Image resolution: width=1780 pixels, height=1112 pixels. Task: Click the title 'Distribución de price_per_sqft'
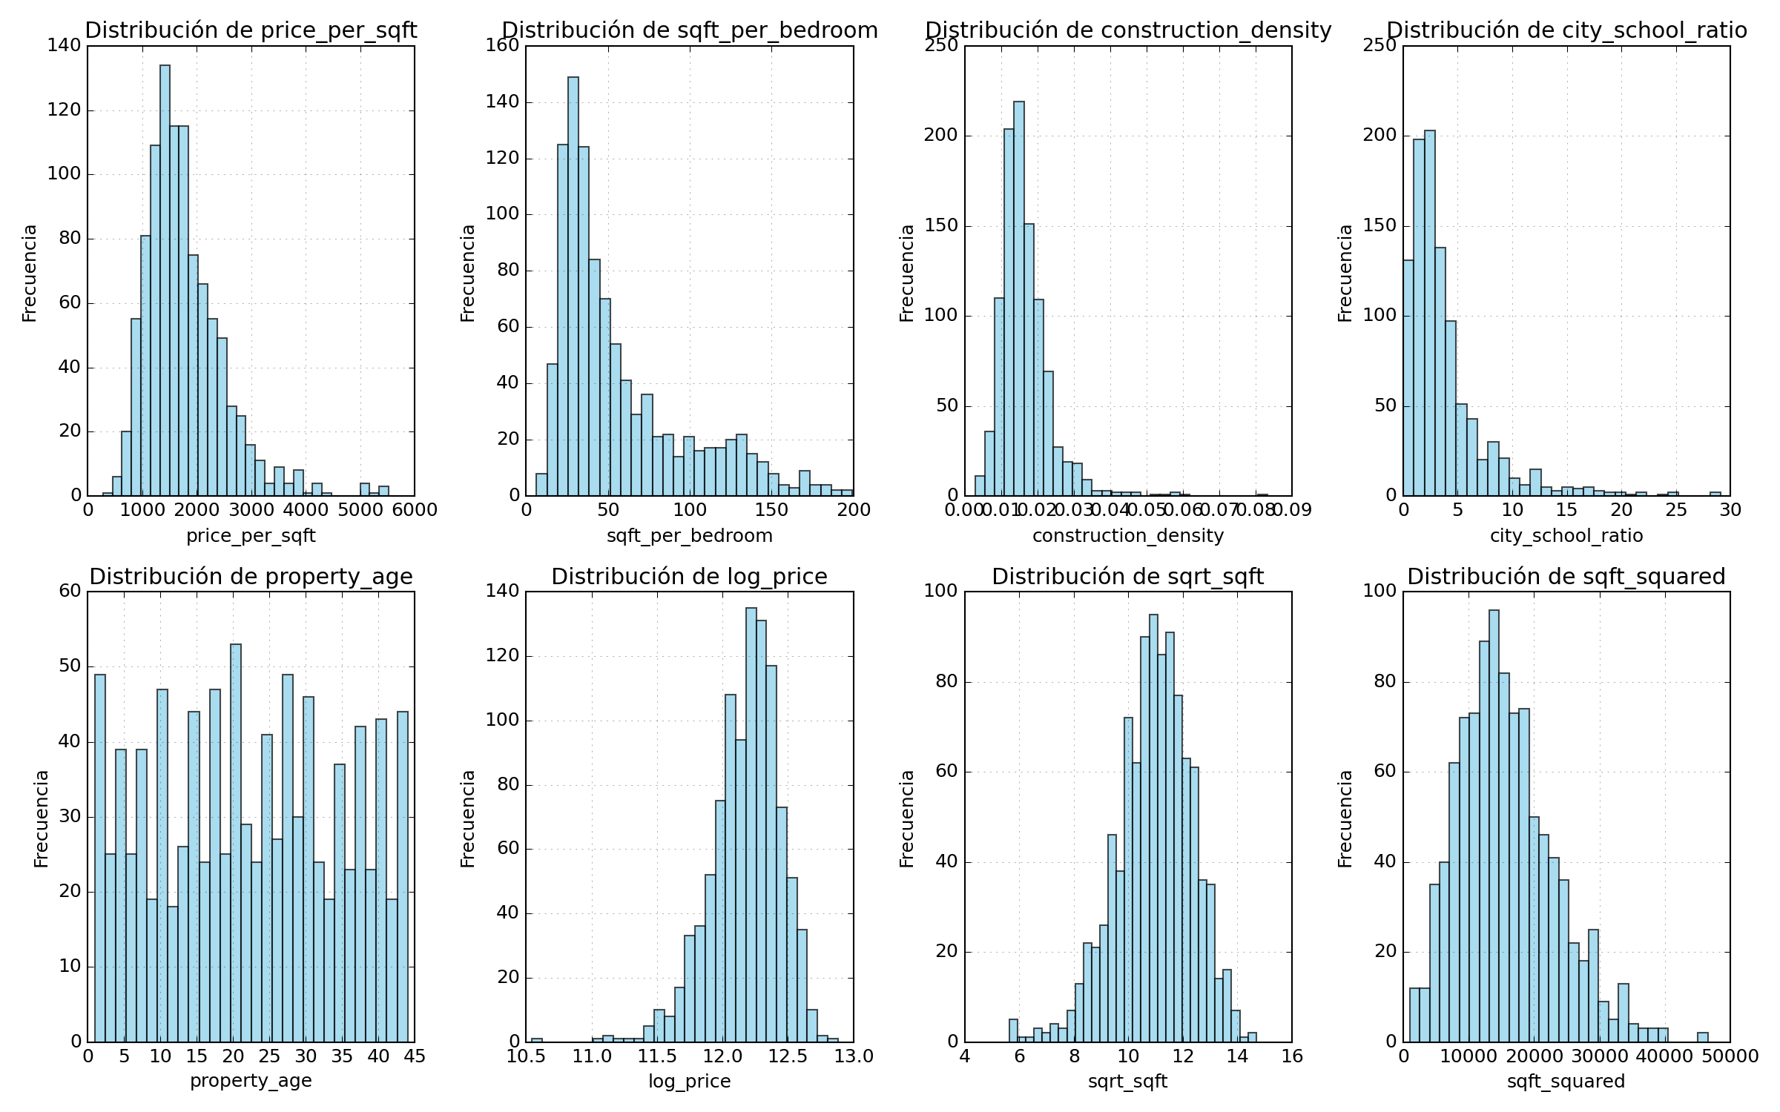click(251, 30)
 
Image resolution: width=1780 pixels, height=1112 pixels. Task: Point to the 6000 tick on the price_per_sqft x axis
click(415, 510)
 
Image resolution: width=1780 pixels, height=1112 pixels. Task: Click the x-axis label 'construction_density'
click(1128, 536)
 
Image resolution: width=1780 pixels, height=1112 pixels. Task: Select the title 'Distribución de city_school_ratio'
click(1566, 30)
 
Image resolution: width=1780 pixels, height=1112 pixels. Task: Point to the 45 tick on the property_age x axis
click(415, 1056)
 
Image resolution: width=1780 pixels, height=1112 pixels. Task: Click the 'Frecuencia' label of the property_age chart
click(42, 818)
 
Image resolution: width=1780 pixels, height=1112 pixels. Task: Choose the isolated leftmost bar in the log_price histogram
click(537, 1040)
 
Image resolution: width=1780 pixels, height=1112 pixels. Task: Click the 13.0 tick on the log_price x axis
click(854, 1056)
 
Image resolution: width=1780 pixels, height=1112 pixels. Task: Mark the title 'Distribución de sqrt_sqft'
click(1128, 577)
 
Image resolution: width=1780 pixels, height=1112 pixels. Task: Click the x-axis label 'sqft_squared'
click(1566, 1082)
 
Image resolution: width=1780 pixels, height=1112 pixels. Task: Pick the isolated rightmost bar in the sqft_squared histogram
click(1703, 1037)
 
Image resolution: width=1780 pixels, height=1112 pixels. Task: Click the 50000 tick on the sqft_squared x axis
click(1730, 1056)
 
